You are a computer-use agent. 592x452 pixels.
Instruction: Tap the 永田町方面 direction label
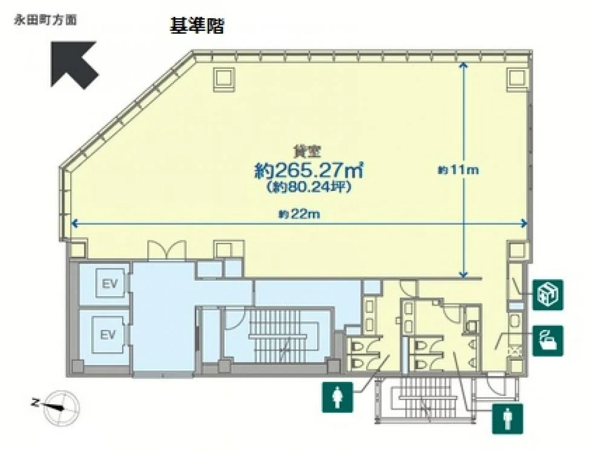click(x=45, y=20)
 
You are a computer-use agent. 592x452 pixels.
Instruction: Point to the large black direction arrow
click(x=74, y=64)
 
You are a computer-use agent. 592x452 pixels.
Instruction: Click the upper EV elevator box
click(x=109, y=283)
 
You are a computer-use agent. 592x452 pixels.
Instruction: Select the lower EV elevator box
click(x=108, y=335)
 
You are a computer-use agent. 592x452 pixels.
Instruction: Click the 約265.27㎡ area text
click(x=309, y=170)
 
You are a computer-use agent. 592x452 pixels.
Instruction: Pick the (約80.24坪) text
click(x=309, y=187)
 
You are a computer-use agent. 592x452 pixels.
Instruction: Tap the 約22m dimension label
click(x=300, y=215)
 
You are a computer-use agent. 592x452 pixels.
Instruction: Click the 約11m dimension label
click(x=458, y=170)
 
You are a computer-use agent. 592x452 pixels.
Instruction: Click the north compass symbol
click(x=60, y=407)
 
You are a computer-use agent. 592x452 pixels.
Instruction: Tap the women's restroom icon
click(x=338, y=397)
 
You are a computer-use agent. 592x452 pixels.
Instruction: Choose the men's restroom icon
click(x=507, y=418)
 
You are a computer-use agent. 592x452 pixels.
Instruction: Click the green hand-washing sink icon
click(x=548, y=341)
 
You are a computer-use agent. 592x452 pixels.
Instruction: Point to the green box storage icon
click(x=548, y=294)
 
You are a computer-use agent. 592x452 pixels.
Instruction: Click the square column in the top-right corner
click(x=516, y=78)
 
